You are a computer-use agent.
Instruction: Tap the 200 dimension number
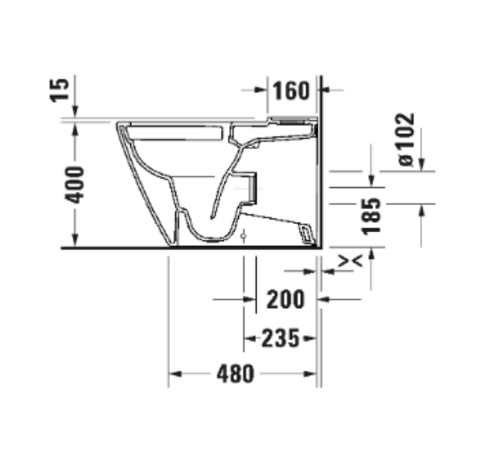point(285,299)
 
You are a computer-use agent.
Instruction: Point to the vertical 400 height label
point(77,184)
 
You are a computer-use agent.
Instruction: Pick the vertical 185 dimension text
point(373,216)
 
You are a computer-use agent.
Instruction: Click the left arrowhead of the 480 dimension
point(175,374)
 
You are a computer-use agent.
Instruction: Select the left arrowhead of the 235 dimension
point(250,337)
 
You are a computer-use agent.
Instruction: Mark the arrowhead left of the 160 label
point(262,90)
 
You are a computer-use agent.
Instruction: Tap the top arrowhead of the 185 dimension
point(373,182)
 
